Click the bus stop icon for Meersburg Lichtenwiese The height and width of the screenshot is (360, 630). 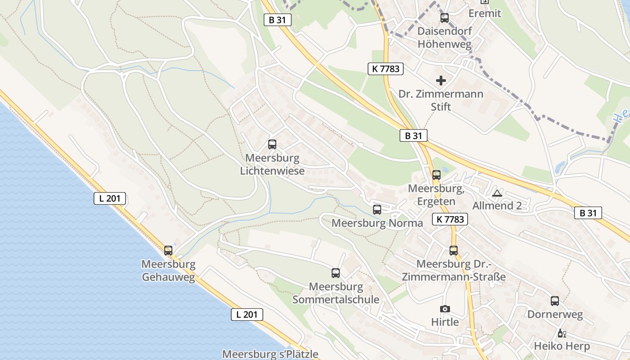click(272, 144)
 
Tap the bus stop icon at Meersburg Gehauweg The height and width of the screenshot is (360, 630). click(168, 250)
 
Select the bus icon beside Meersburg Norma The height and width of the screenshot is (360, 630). click(377, 209)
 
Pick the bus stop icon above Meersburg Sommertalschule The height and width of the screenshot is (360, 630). click(336, 273)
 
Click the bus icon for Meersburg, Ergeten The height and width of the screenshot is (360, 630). click(436, 175)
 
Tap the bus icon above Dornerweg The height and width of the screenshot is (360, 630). click(555, 301)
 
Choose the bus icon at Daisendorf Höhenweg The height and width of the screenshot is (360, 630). click(445, 18)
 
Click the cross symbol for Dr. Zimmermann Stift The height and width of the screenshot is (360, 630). click(441, 81)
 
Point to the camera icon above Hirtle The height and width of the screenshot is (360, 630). click(445, 309)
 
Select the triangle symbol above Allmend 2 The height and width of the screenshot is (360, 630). click(497, 193)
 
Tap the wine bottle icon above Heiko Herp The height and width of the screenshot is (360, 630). click(562, 333)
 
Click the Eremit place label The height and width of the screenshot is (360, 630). click(485, 13)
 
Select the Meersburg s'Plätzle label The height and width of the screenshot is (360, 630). click(270, 354)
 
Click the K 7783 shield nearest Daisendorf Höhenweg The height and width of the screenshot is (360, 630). click(386, 68)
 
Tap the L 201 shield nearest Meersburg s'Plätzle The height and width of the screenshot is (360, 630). click(247, 315)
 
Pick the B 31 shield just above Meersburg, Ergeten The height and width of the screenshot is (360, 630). click(414, 135)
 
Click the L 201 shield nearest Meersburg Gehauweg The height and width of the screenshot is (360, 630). click(110, 198)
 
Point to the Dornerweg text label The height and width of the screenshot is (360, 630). click(555, 314)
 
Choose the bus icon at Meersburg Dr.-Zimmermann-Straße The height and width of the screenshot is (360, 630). click(454, 251)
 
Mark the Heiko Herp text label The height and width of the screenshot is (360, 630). click(562, 346)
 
